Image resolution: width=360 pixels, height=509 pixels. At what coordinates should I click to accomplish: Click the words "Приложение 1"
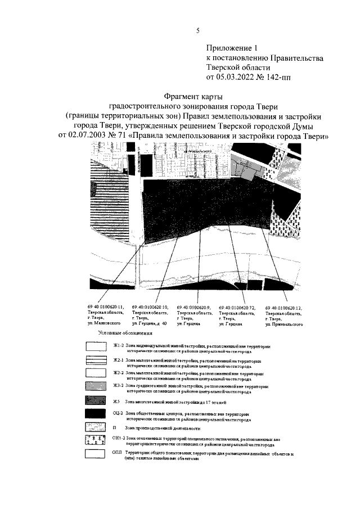tap(231, 48)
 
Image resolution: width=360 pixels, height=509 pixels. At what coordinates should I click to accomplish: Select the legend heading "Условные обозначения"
tap(121, 334)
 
